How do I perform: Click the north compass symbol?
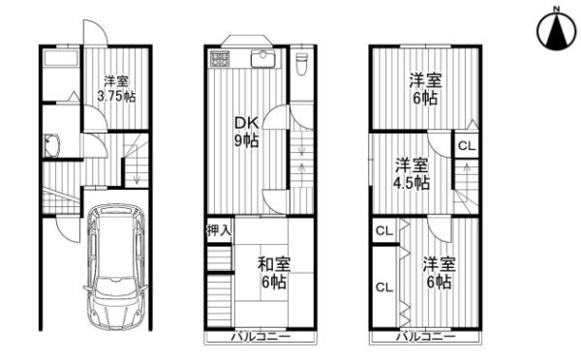click(x=557, y=33)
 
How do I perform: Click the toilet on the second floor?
click(x=302, y=64)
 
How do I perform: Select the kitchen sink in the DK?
click(x=262, y=58)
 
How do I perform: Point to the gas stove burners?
click(x=220, y=59)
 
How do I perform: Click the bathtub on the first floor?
click(x=61, y=59)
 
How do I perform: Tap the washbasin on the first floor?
click(x=52, y=145)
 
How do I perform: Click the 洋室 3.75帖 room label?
click(x=116, y=89)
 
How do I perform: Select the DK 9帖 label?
click(x=246, y=131)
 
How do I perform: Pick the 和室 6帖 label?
click(x=274, y=273)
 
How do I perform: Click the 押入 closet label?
click(x=219, y=230)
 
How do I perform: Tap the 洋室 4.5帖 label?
click(x=412, y=173)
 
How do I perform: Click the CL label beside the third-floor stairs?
click(x=467, y=146)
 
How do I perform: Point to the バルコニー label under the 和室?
click(x=260, y=337)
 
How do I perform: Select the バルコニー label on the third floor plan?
click(x=426, y=337)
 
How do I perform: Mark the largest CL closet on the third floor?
click(x=384, y=287)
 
